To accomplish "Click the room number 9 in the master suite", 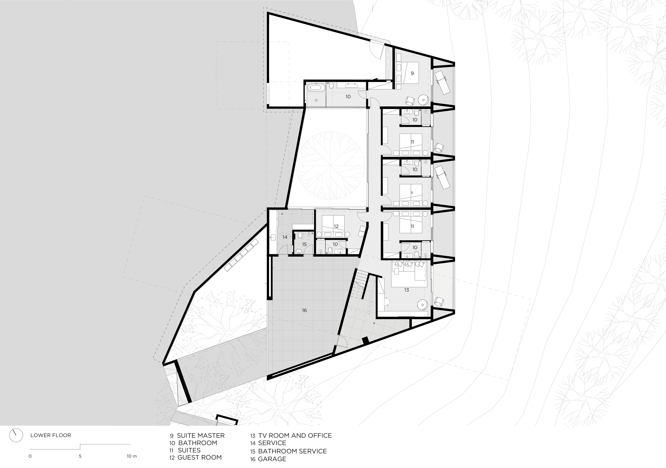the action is pos(412,73).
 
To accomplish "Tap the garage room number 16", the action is pos(304,310).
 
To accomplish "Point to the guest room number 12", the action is pos(336,226).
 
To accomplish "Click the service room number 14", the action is pos(285,237).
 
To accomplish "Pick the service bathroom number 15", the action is pos(304,244).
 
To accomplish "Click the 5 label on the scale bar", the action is pos(80,456).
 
